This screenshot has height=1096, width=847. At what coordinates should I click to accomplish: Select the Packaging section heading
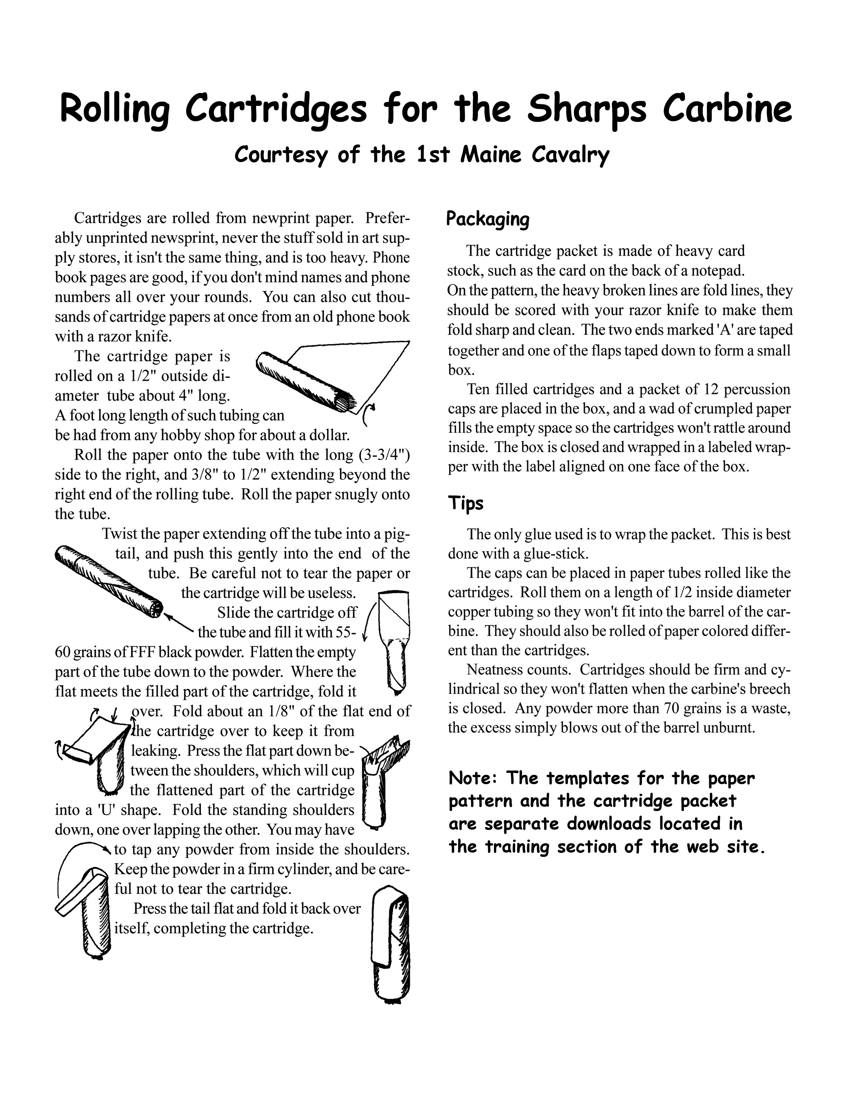(x=488, y=219)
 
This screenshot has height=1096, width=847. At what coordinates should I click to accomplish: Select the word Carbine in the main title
(x=727, y=109)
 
